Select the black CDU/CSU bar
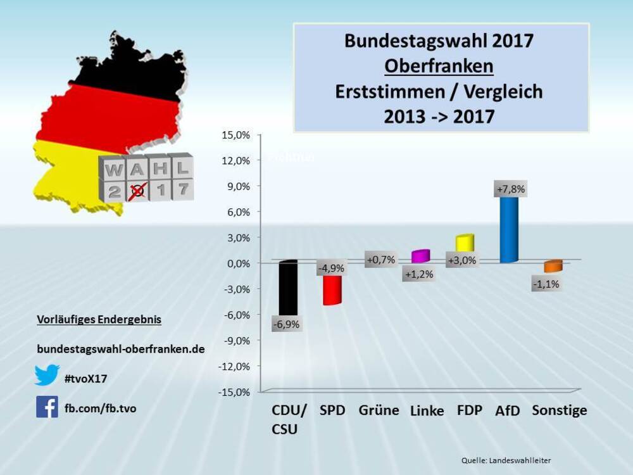pos(288,288)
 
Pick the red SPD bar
pos(332,290)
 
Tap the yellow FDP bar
pos(465,243)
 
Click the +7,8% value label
pos(511,189)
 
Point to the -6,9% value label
pos(286,324)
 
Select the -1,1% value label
pos(546,284)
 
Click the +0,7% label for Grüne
pos(380,259)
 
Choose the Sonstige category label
pos(559,410)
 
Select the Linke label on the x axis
pos(427,411)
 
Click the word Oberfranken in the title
pos(439,66)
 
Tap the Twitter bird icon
pos(47,375)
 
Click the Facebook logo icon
pos(47,407)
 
